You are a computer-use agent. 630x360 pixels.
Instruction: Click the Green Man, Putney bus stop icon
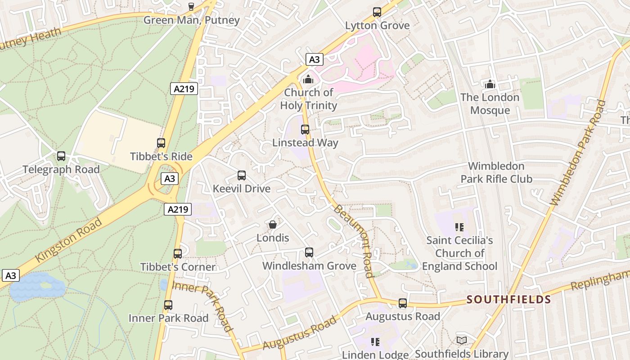pos(191,6)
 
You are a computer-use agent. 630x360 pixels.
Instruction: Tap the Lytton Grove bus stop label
pos(377,25)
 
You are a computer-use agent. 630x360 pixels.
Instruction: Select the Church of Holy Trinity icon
pos(308,80)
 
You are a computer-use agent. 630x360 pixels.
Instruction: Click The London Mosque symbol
pos(490,84)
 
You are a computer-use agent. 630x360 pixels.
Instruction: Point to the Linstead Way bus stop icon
pos(305,130)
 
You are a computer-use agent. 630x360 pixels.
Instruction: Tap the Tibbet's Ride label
pos(161,157)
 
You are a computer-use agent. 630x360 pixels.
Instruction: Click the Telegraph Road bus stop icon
pos(61,156)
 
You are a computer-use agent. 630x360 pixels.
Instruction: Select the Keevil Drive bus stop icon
pos(242,175)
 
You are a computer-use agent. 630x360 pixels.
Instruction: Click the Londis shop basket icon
pos(272,225)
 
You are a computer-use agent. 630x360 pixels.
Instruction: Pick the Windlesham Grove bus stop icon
pos(309,252)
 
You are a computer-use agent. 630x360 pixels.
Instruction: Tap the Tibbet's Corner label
pos(178,267)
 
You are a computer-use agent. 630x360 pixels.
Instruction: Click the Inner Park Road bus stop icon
pos(168,305)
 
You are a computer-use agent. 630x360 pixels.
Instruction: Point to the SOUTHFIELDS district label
pos(508,299)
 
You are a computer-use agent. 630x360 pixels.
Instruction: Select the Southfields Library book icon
pos(461,341)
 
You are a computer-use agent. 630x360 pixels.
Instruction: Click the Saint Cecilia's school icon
pos(459,227)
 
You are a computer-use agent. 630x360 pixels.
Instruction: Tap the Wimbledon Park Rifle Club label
pos(496,172)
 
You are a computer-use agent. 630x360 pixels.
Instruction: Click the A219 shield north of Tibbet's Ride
pos(184,89)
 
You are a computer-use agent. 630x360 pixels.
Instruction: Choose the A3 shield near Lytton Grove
pos(315,59)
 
